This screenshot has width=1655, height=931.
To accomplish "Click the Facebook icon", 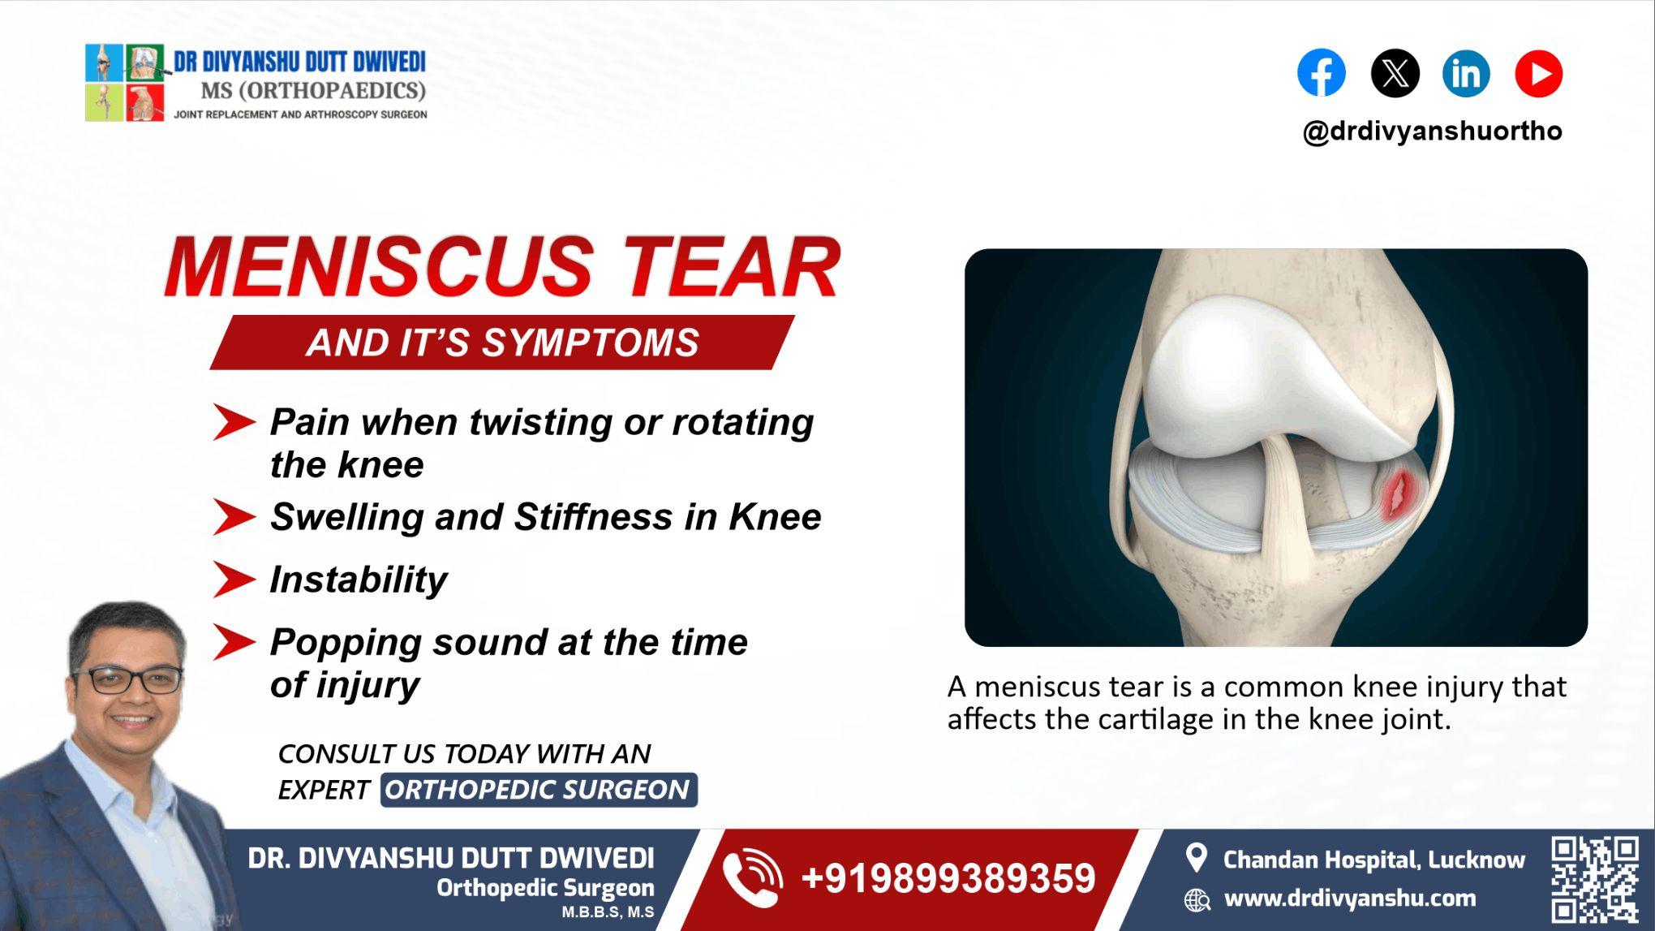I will [1321, 73].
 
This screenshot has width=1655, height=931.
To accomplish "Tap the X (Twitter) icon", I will [1395, 73].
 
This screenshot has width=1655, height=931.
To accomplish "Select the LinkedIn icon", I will [1466, 73].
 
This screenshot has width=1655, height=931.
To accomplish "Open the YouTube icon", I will [1538, 73].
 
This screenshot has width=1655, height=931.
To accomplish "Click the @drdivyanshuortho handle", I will [1432, 131].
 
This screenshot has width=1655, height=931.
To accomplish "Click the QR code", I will [1594, 879].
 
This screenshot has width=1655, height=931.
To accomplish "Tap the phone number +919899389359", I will [948, 879].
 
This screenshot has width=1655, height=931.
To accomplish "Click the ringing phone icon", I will [752, 877].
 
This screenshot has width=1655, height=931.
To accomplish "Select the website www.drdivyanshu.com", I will [1349, 899].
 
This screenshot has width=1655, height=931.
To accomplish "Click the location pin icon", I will [1196, 858].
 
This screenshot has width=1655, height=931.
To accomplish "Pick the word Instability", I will [358, 580].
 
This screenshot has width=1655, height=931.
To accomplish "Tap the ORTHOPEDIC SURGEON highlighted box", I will [538, 790].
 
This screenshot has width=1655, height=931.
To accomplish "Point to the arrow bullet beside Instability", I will [233, 580].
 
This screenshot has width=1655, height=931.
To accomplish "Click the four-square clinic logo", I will [125, 83].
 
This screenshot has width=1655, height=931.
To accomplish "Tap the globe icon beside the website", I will [1197, 899].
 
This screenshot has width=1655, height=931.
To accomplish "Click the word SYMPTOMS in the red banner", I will [590, 343].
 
